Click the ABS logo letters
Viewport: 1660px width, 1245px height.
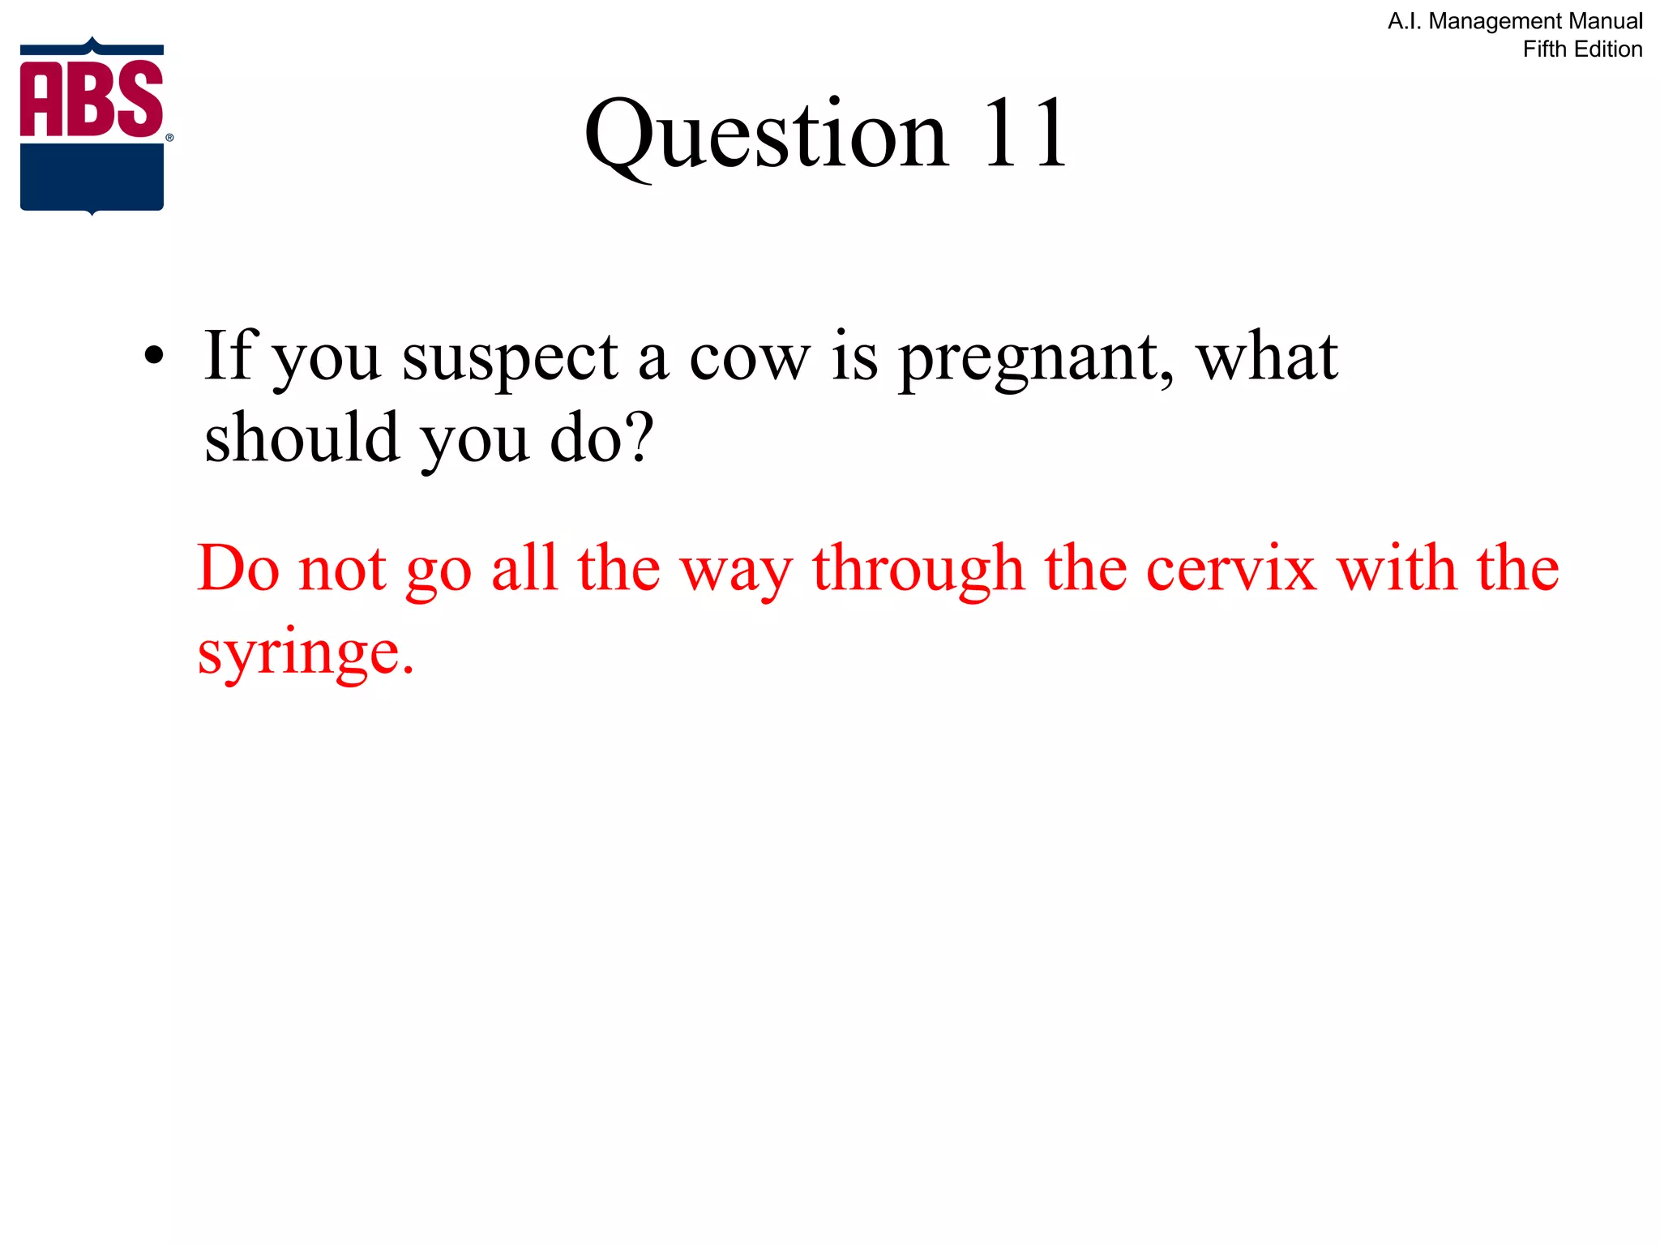point(92,98)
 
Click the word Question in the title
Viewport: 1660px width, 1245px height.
point(765,134)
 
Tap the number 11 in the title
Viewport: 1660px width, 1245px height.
point(1025,134)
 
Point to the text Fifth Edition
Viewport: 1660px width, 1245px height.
point(1582,49)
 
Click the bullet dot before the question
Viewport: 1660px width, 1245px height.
point(153,356)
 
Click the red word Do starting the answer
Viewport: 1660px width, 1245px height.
point(238,569)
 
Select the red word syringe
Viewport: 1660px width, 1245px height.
point(306,653)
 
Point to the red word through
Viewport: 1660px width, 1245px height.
point(918,569)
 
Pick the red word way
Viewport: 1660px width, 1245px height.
point(736,572)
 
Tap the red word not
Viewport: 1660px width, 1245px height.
point(343,569)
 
